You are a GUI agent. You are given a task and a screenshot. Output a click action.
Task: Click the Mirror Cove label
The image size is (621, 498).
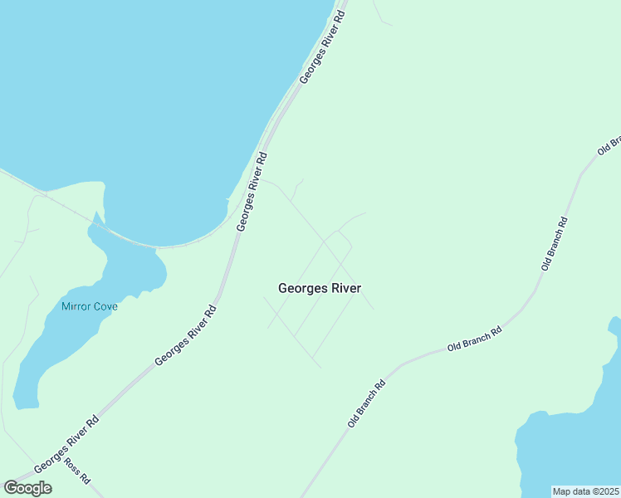point(90,306)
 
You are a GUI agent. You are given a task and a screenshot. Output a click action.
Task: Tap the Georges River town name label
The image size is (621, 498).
point(320,288)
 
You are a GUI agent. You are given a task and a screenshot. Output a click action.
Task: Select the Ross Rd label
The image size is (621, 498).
point(77,472)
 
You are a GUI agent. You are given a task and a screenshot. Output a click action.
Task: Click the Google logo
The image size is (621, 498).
point(28,488)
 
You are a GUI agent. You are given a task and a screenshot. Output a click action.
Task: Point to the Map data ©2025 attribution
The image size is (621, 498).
point(586,491)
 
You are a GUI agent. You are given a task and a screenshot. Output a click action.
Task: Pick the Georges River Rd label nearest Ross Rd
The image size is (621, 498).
point(66,445)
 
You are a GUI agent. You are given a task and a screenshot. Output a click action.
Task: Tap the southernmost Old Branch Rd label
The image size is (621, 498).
point(368,404)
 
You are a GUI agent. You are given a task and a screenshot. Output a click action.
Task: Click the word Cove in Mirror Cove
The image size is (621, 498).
point(105,306)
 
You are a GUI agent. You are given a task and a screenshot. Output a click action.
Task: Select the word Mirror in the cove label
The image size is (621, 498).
point(76,306)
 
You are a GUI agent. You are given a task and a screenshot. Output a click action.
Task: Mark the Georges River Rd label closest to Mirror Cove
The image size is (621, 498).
point(186,336)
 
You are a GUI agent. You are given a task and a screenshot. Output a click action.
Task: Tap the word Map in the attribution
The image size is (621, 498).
point(563,491)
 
